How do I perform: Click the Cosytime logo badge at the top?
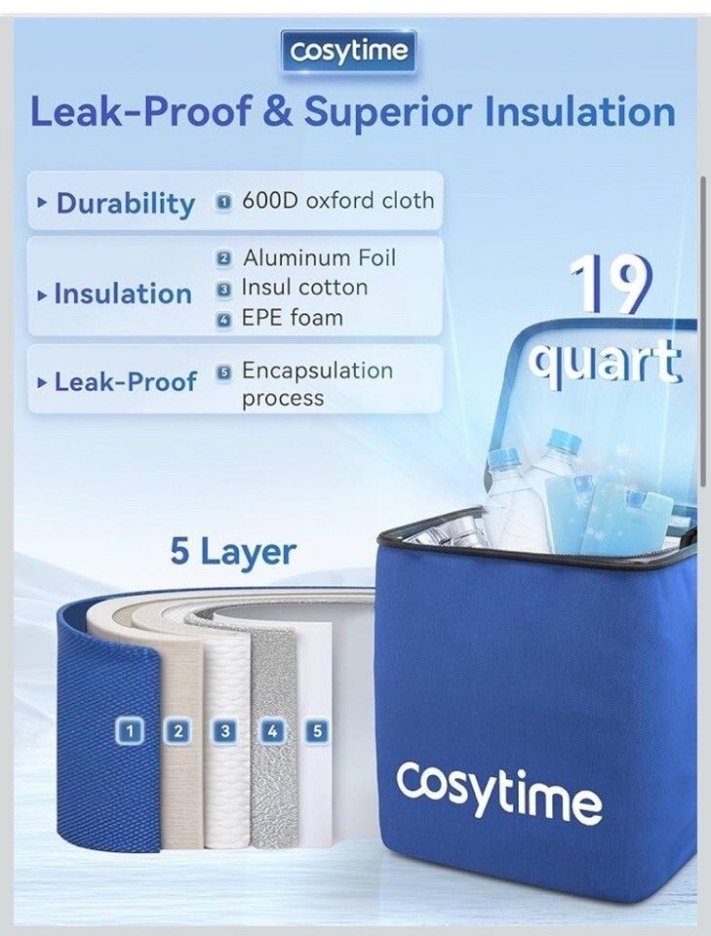(x=348, y=52)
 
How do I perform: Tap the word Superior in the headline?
(x=389, y=112)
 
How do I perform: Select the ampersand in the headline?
(x=278, y=111)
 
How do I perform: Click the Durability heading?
(x=126, y=203)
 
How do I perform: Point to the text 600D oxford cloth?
(x=337, y=201)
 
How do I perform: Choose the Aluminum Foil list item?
(x=319, y=257)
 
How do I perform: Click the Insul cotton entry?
(x=304, y=288)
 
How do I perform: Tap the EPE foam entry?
(x=293, y=318)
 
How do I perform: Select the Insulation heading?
(x=123, y=293)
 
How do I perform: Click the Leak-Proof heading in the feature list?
(x=126, y=382)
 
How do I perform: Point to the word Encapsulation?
(x=317, y=371)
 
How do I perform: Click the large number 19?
(x=609, y=284)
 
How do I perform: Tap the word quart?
(x=605, y=364)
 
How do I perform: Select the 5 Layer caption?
(x=233, y=552)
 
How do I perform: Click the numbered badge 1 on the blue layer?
(x=130, y=730)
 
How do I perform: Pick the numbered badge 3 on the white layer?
(x=225, y=730)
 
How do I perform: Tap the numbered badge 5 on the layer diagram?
(x=317, y=730)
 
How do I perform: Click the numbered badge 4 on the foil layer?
(x=272, y=730)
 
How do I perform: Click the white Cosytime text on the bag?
(x=499, y=789)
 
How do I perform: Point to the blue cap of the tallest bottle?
(x=565, y=440)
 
